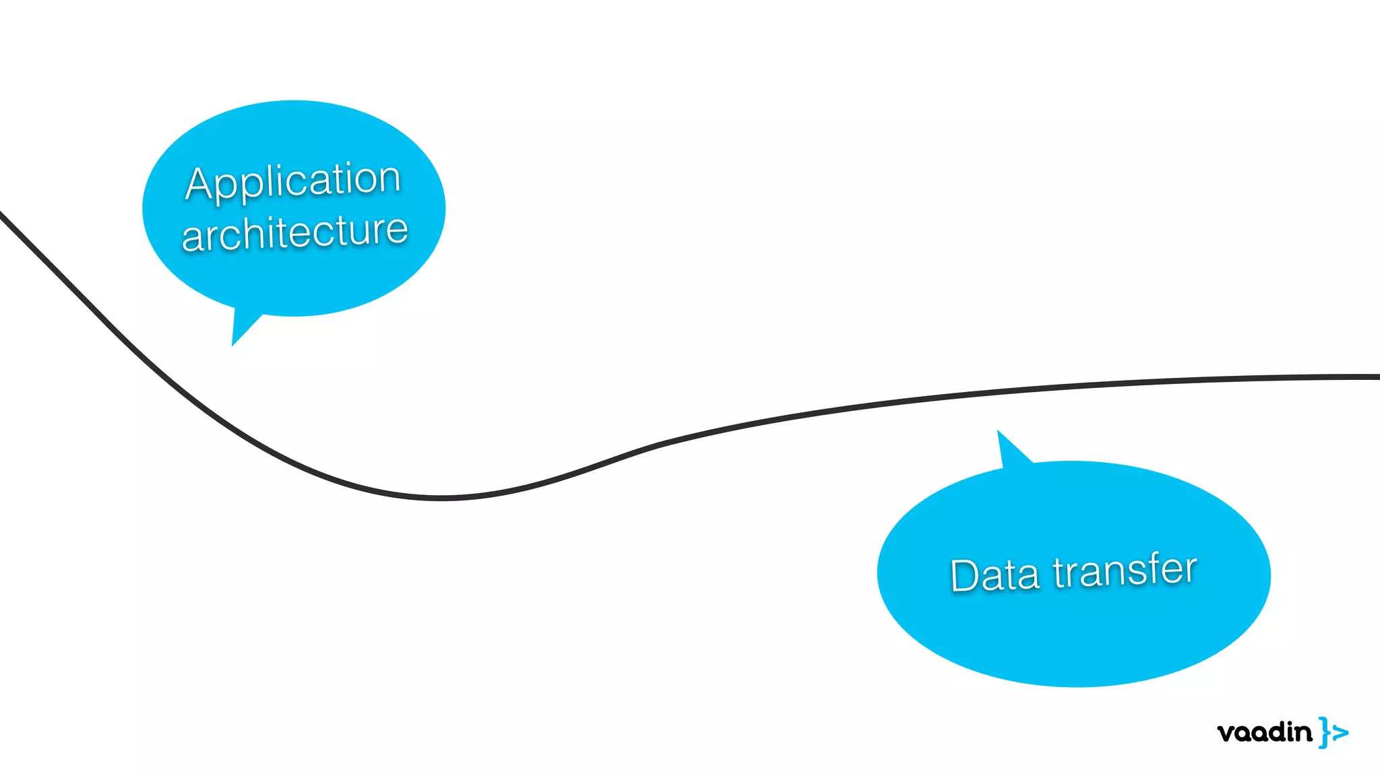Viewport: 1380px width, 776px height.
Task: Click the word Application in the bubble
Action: (x=293, y=181)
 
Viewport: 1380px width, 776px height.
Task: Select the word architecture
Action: (x=294, y=232)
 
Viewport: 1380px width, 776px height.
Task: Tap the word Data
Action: (x=995, y=575)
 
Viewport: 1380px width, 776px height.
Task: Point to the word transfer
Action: (x=1125, y=570)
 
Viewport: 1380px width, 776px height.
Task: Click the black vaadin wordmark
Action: (x=1265, y=732)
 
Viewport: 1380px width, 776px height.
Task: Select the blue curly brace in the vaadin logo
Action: (x=1324, y=732)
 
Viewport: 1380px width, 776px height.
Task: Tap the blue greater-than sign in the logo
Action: (x=1340, y=732)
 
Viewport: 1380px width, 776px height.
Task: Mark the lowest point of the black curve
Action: (x=441, y=498)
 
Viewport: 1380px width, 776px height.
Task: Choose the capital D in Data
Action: (x=965, y=575)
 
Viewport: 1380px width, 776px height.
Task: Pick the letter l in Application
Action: (x=269, y=181)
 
